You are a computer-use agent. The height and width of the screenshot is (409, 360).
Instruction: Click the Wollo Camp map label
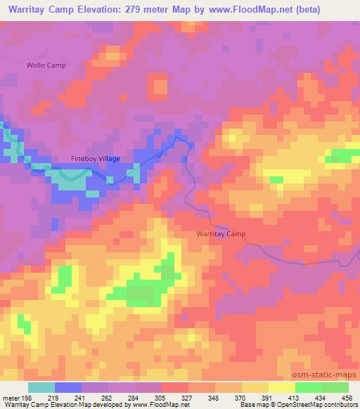point(46,65)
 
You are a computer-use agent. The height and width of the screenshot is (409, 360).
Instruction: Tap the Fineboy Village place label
point(96,159)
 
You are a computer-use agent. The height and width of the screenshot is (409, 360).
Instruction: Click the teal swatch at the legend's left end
point(41,387)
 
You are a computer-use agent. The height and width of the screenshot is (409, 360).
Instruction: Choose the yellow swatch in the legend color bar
point(281,387)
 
